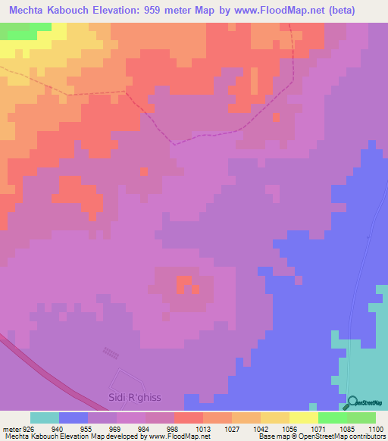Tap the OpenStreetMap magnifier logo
pyautogui.click(x=350, y=402)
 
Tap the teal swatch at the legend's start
pyautogui.click(x=45, y=417)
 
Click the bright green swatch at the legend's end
pyautogui.click(x=361, y=417)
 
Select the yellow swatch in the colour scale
pyautogui.click(x=304, y=417)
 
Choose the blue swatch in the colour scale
pyautogui.click(x=74, y=417)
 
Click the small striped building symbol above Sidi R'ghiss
pyautogui.click(x=111, y=353)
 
